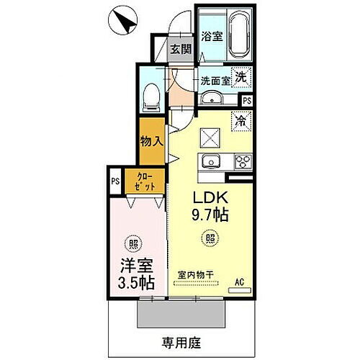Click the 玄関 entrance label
coord(181,50)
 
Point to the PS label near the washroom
coord(247,101)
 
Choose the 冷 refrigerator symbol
coord(240,121)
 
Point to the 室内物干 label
coord(198,274)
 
